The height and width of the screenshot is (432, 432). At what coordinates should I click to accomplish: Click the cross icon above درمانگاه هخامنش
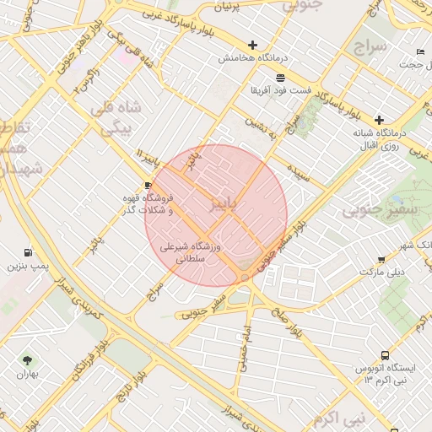pos(251,45)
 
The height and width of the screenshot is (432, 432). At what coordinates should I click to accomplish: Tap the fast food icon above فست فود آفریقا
pos(279,78)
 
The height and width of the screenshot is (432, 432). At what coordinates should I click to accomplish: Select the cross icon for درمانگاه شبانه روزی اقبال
pos(380,120)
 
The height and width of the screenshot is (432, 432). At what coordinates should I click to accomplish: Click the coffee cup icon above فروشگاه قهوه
pos(148,185)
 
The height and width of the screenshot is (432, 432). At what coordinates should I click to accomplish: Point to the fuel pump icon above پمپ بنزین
pos(30,252)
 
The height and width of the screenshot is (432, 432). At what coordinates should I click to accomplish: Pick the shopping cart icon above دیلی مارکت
pos(382,260)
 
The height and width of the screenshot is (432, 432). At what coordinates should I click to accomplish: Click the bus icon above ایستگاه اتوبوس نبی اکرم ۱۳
pos(385,356)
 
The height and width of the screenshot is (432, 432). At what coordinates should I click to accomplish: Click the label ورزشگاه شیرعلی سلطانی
pos(190,254)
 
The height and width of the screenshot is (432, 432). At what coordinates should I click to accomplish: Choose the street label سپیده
pos(300,174)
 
